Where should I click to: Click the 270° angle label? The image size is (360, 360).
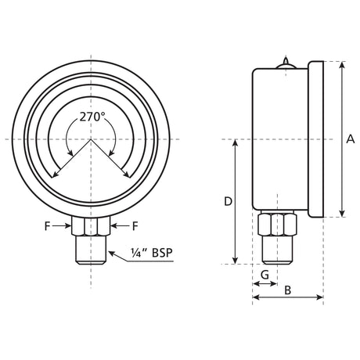(x=92, y=117)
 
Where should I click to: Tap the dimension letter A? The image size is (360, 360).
(x=350, y=139)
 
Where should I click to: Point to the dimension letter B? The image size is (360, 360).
(x=287, y=290)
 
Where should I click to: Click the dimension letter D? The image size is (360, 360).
(x=228, y=201)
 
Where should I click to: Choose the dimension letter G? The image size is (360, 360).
(x=265, y=275)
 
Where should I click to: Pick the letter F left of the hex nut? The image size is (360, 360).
(x=49, y=226)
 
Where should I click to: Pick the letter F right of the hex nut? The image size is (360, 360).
(x=135, y=226)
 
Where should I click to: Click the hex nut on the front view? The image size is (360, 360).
(x=91, y=227)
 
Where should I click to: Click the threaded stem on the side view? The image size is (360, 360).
(x=277, y=250)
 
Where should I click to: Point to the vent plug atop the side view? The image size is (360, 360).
(x=286, y=63)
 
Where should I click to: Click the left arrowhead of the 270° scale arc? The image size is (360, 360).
(x=54, y=175)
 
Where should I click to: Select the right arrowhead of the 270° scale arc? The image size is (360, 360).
(x=128, y=175)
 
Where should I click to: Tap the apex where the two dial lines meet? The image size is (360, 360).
(x=91, y=139)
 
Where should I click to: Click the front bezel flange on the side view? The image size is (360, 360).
(x=316, y=139)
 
